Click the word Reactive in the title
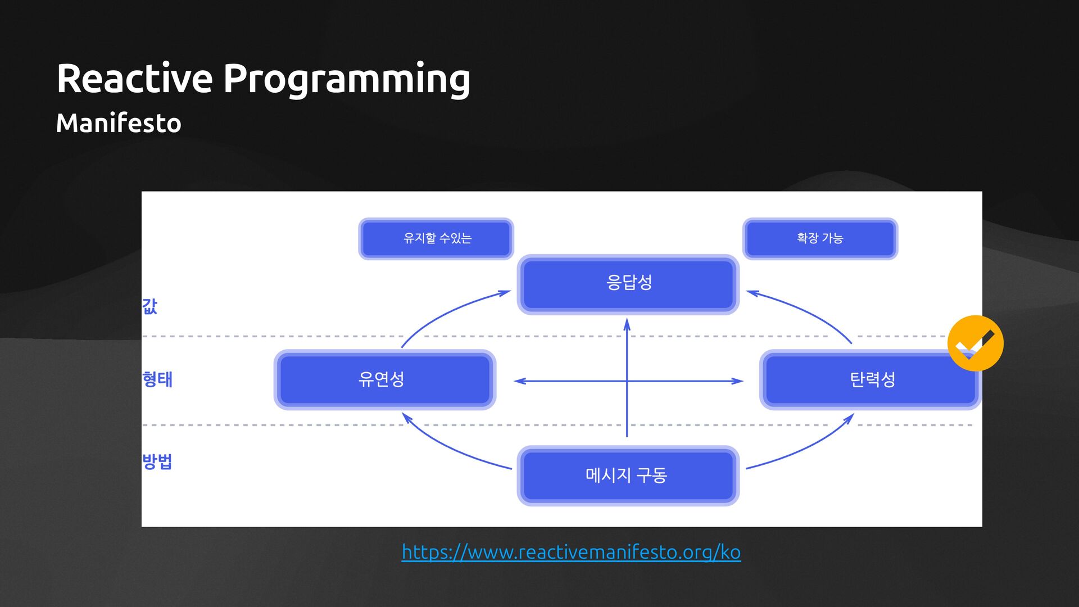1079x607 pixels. pyautogui.click(x=134, y=78)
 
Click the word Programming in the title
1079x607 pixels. pyautogui.click(x=347, y=79)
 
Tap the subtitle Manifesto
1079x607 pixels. pyautogui.click(x=119, y=123)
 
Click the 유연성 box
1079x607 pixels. pyautogui.click(x=384, y=380)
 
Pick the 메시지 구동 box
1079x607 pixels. pyautogui.click(x=628, y=475)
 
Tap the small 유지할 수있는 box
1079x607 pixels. pyautogui.click(x=436, y=238)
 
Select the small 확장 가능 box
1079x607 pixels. pyautogui.click(x=820, y=238)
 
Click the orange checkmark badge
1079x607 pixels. pyautogui.click(x=975, y=343)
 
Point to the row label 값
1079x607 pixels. pyautogui.click(x=149, y=306)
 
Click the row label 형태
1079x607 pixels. pyautogui.click(x=157, y=379)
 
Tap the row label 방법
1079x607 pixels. pyautogui.click(x=157, y=461)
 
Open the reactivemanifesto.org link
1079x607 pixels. pyautogui.click(x=571, y=552)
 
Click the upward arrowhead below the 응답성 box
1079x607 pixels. pyautogui.click(x=627, y=324)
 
